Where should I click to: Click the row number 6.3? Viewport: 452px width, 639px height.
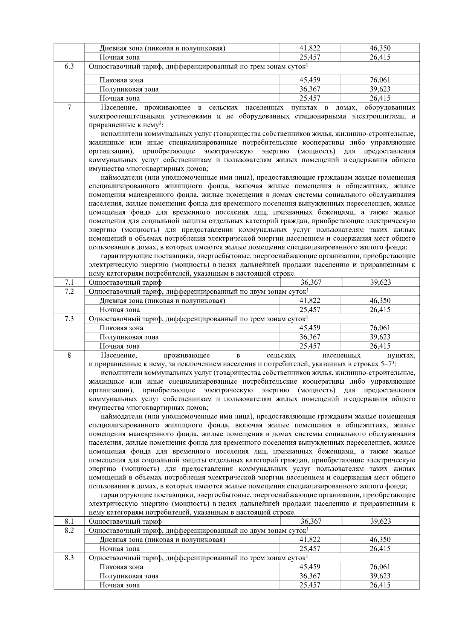coord(69,67)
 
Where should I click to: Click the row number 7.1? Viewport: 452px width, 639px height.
coord(69,282)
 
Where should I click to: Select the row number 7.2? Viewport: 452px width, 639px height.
coord(69,291)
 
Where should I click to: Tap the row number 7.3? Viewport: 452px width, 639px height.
coord(69,319)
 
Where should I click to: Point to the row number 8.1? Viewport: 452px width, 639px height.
coord(69,521)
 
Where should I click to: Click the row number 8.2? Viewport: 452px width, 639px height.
coord(69,530)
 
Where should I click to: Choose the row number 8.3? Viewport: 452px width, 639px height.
coord(69,558)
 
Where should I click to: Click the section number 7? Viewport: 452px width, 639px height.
coord(69,108)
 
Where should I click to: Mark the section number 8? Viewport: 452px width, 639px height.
coord(69,355)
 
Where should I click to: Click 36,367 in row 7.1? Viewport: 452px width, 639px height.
coord(311,282)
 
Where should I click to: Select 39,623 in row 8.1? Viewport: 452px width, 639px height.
coord(380,521)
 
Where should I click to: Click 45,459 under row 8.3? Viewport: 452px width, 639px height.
coord(310,567)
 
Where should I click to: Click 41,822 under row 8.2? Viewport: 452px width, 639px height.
coord(310,539)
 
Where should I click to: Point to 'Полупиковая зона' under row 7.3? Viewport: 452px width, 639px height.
coord(129,337)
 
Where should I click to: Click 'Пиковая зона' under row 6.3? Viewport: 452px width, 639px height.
coord(121,80)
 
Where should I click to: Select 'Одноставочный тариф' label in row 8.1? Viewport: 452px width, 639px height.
coord(125,521)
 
